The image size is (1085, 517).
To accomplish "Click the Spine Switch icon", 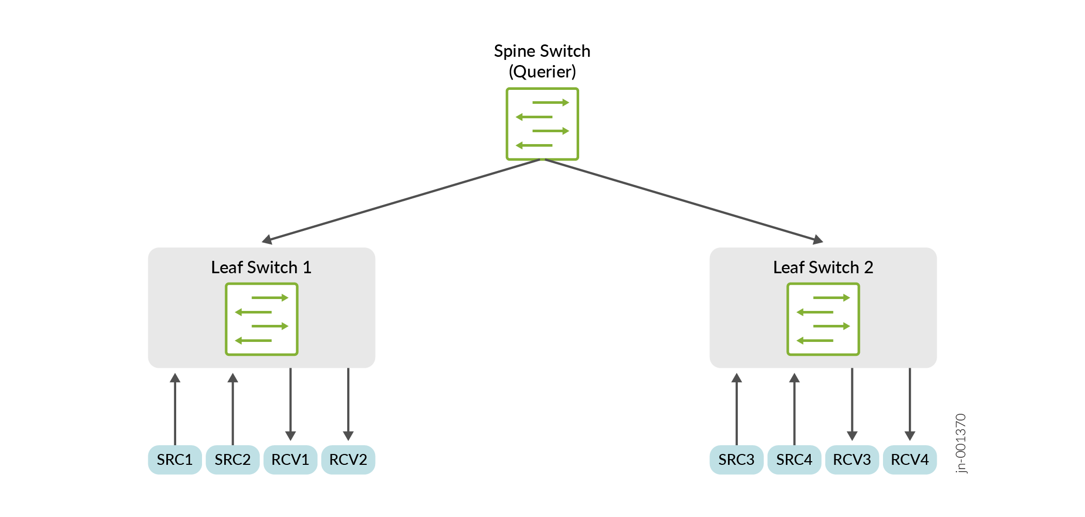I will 542,124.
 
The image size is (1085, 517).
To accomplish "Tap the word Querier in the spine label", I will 542,72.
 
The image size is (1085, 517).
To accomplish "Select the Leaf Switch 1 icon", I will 261,319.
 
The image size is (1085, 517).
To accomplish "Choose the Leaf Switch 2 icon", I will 823,319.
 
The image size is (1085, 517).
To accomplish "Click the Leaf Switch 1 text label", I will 261,268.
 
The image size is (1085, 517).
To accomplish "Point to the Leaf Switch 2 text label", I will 823,268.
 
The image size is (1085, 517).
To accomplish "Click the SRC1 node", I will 175,460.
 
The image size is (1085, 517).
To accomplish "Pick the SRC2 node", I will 233,460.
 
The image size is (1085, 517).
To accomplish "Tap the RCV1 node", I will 290,460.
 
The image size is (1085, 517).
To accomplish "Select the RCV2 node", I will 348,460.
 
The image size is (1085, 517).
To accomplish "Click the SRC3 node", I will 736,460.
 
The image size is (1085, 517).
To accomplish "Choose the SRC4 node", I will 794,460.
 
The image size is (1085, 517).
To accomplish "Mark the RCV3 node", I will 852,460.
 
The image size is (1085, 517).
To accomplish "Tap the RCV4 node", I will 910,460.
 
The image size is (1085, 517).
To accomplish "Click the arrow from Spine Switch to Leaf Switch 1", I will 403,200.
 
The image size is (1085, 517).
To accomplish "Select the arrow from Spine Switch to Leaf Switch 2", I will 682,200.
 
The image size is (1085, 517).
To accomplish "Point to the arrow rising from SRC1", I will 175,408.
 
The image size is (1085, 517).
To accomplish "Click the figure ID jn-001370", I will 960,443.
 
